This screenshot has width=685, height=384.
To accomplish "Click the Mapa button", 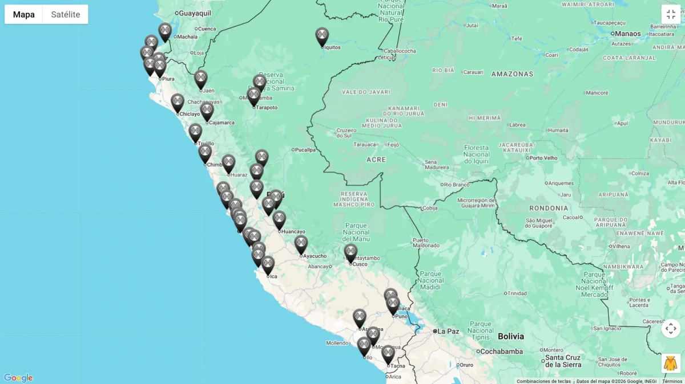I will tap(24, 14).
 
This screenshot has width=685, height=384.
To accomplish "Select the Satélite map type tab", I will tap(66, 14).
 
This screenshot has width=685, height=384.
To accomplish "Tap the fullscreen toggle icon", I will tap(671, 14).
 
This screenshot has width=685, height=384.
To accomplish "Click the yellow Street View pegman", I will tap(671, 363).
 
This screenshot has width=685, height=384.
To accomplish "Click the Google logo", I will tap(18, 378).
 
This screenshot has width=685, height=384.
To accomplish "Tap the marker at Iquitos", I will tap(323, 36).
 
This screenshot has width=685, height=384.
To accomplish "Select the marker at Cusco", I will tap(350, 252).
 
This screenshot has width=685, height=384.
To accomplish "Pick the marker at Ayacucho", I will tap(301, 244).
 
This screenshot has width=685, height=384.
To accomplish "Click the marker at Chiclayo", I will tap(178, 102).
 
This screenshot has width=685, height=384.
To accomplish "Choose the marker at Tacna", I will tap(388, 353).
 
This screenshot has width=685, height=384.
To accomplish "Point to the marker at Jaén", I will tap(200, 79).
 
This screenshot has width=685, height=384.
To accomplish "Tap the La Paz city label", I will tap(449, 331).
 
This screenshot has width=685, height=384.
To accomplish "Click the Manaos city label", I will tap(628, 34).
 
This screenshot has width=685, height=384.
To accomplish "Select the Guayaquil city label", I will tap(195, 13).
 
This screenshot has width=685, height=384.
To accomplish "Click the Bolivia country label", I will tap(510, 336).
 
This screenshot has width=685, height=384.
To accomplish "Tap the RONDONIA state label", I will tap(549, 209).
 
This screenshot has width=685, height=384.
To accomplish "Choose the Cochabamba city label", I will tap(502, 352).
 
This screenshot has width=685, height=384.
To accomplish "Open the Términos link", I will tap(672, 381).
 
